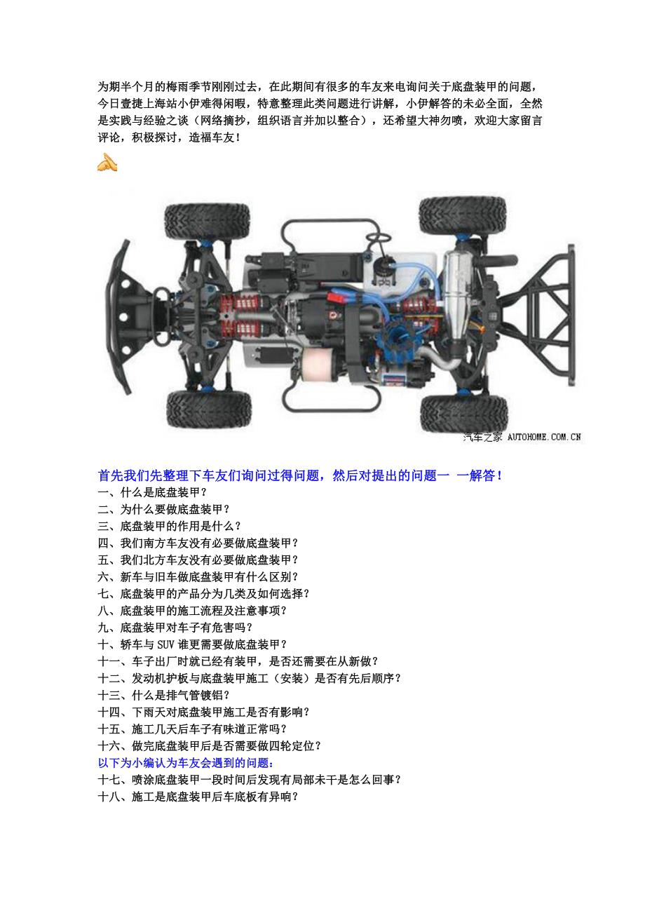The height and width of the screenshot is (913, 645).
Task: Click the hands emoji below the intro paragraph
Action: [x=107, y=163]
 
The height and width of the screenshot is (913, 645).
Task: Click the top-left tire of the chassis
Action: [x=207, y=219]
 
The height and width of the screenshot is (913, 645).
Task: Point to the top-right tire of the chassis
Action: [x=462, y=215]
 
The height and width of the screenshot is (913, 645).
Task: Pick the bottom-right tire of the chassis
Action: [x=463, y=413]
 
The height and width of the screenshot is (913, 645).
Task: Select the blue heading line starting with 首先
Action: [x=300, y=475]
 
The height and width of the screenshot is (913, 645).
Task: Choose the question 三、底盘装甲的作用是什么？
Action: [x=170, y=526]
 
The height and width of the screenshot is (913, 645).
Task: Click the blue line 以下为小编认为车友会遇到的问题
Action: [x=186, y=762]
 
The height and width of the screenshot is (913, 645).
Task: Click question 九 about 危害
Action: [x=175, y=627]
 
